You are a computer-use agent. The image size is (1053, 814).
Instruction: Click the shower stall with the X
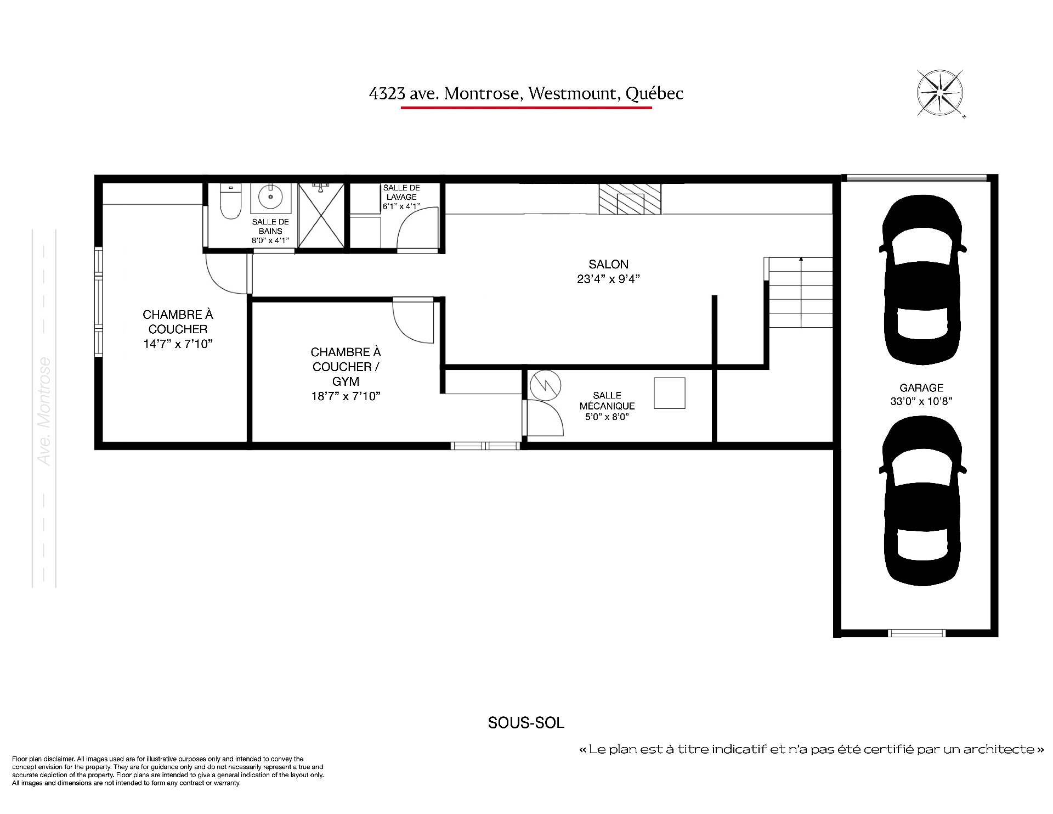coord(321,216)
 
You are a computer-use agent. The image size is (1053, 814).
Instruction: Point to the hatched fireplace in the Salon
coord(630,199)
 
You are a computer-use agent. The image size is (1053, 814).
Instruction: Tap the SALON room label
coord(609,264)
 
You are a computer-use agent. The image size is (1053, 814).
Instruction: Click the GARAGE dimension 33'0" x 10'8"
coord(921,401)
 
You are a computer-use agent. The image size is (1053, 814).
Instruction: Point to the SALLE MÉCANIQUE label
coord(607,401)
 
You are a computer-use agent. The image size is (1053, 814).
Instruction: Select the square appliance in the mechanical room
coord(670,393)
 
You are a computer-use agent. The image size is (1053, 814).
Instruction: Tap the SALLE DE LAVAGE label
coord(401,192)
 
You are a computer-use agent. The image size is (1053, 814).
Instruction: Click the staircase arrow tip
coord(801,258)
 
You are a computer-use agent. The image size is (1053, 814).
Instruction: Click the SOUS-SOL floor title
coord(526,723)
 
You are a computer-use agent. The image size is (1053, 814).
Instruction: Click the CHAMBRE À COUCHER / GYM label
coord(346,367)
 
